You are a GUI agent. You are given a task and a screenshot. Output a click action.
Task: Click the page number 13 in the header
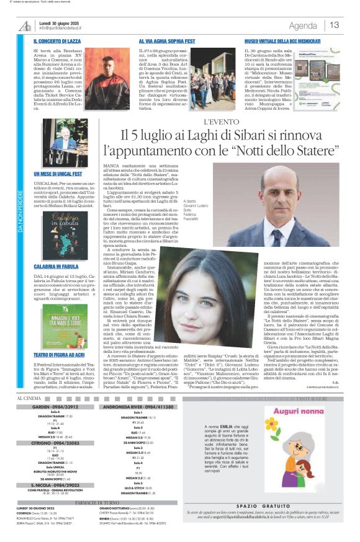click(x=334, y=25)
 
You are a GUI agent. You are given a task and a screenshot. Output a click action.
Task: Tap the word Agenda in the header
click(x=303, y=25)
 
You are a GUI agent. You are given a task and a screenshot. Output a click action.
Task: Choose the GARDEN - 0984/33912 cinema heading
click(x=60, y=408)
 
